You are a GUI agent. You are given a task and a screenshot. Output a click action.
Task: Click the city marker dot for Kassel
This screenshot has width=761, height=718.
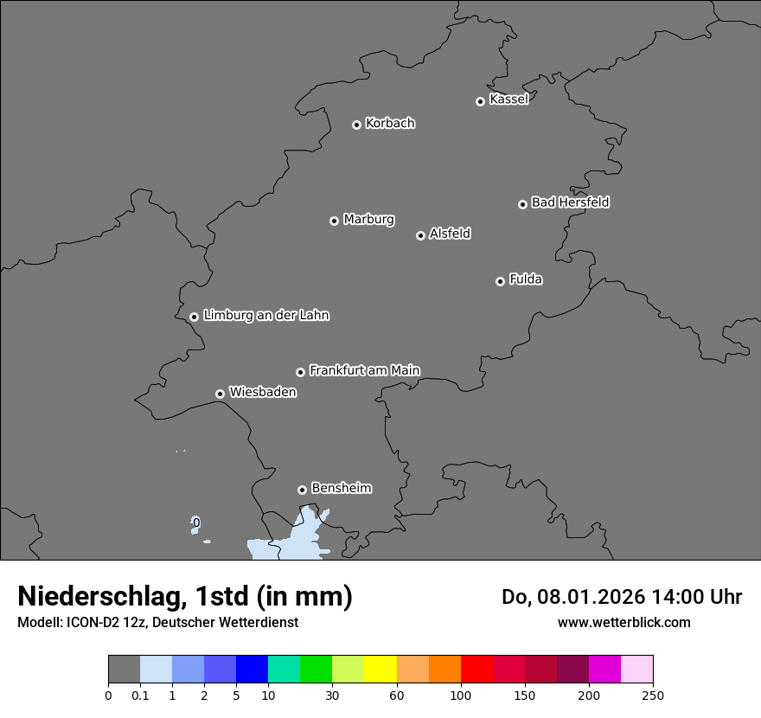pyautogui.click(x=480, y=101)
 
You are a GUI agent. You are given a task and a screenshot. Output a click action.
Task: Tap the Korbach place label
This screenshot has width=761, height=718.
pyautogui.click(x=390, y=124)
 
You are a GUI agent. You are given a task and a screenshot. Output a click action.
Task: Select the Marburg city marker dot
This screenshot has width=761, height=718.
pyautogui.click(x=334, y=221)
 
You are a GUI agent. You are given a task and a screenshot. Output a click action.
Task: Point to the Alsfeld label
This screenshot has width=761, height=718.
pyautogui.click(x=450, y=234)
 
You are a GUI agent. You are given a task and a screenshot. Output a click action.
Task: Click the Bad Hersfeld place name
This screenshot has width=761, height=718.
pyautogui.click(x=570, y=202)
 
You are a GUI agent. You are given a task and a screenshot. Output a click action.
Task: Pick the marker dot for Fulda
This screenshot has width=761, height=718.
pyautogui.click(x=500, y=281)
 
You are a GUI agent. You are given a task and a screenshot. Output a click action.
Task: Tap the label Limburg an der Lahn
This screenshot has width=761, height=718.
pyautogui.click(x=265, y=316)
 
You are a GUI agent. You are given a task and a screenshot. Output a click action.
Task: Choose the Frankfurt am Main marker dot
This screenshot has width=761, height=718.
pyautogui.click(x=300, y=372)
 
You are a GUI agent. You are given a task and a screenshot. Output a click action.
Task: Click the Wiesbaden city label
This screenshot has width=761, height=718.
pyautogui.click(x=262, y=393)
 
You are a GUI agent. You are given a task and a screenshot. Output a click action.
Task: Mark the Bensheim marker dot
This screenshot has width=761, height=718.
pyautogui.click(x=302, y=490)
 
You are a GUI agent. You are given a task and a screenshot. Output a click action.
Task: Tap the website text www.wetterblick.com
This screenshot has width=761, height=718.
pyautogui.click(x=624, y=622)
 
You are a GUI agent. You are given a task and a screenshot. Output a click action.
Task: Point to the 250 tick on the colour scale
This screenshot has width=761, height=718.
pyautogui.click(x=653, y=695)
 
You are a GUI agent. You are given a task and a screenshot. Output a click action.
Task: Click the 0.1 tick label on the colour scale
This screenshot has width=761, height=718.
pyautogui.click(x=140, y=695)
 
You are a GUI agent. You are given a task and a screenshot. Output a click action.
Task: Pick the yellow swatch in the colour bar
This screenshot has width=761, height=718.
pyautogui.click(x=380, y=670)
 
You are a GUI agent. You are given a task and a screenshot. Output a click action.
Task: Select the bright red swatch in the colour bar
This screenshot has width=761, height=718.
pyautogui.click(x=476, y=670)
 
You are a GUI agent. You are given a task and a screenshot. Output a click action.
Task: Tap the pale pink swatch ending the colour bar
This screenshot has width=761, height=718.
pyautogui.click(x=637, y=670)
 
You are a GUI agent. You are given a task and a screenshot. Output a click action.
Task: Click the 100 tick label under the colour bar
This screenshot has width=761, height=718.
pyautogui.click(x=461, y=695)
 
